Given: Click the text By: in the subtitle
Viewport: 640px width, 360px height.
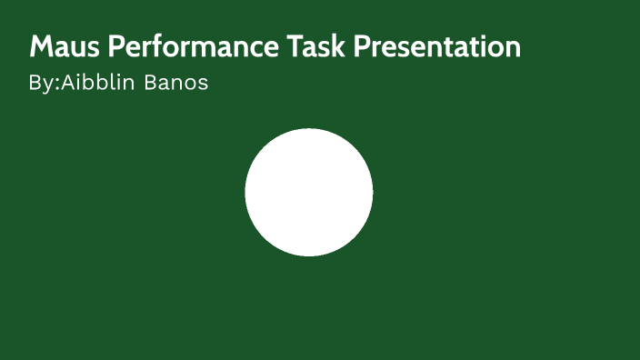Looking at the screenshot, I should coord(44,84).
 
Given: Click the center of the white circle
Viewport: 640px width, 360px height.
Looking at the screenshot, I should coord(309,193).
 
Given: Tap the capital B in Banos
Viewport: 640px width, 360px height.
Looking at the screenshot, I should coord(151,84).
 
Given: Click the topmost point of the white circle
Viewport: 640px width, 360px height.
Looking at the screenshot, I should coord(309,129).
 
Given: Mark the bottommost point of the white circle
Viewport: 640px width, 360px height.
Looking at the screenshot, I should coord(309,256).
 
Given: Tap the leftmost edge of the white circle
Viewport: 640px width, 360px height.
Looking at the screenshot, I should coord(245,193).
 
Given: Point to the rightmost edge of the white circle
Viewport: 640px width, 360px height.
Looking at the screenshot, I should coord(373,193).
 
